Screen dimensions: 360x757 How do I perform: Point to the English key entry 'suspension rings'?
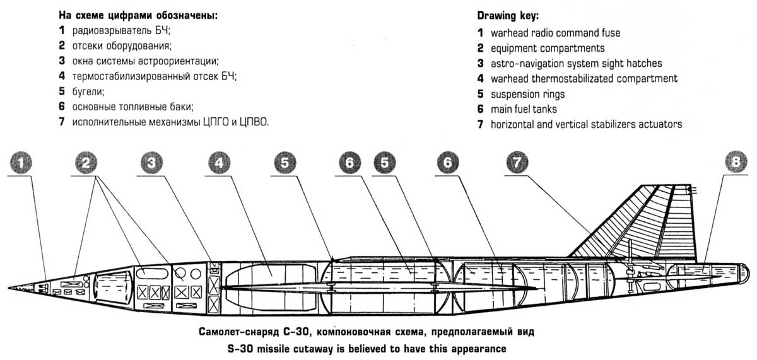pyautogui.click(x=528, y=94)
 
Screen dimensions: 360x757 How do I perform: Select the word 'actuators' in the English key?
pyautogui.click(x=660, y=124)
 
